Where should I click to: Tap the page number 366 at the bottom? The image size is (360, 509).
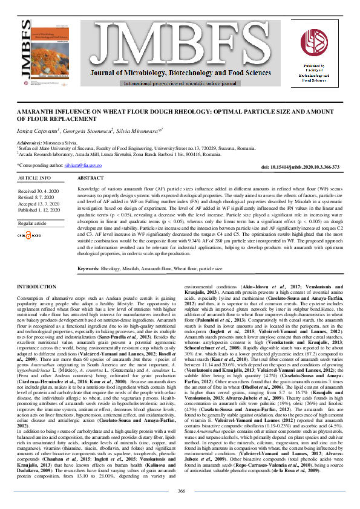click(181, 490)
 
